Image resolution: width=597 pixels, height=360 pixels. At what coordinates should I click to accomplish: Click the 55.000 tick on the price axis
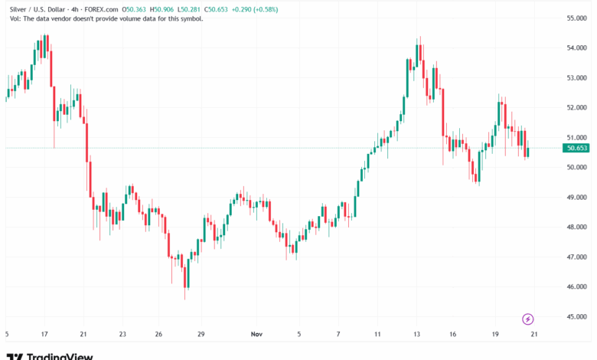tap(576, 18)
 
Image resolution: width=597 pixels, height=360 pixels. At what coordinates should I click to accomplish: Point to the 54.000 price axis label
tap(576, 48)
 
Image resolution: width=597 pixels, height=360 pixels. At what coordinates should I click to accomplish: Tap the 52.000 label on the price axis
tap(576, 108)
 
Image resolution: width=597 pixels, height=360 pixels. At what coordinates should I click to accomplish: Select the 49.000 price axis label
tap(576, 198)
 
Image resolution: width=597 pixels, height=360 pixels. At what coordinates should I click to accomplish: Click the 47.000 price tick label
tap(576, 257)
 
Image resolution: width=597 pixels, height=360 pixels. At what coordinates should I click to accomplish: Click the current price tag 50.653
tap(576, 148)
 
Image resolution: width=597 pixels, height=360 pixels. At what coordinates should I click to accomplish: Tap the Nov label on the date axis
tap(258, 335)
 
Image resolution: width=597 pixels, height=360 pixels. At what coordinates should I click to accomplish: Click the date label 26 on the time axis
tap(158, 335)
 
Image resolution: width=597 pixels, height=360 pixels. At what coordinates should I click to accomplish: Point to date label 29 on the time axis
tap(201, 335)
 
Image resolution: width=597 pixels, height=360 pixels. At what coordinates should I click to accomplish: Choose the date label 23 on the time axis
tap(123, 335)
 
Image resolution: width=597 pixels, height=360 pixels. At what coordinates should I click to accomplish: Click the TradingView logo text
tap(60, 355)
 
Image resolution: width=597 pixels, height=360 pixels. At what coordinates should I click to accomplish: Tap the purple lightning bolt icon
tap(527, 319)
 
